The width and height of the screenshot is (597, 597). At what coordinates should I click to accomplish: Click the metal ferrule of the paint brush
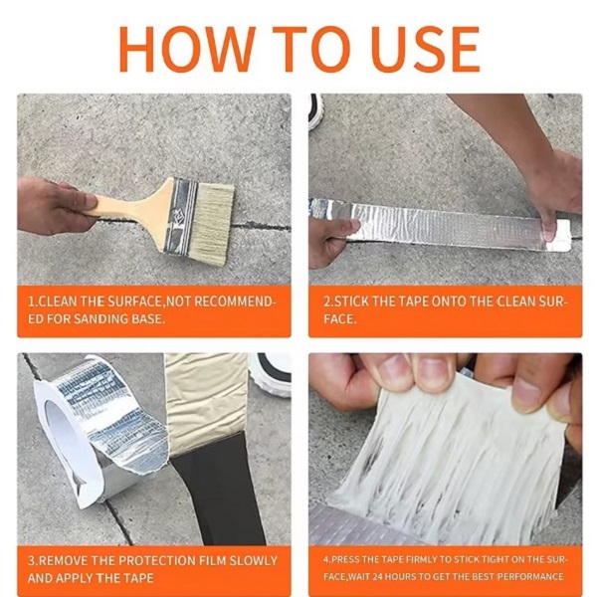pyautogui.click(x=182, y=216)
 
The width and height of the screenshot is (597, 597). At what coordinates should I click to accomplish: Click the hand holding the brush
pyautogui.click(x=54, y=205)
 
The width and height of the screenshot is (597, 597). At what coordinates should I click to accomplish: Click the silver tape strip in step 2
pyautogui.click(x=442, y=224)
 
